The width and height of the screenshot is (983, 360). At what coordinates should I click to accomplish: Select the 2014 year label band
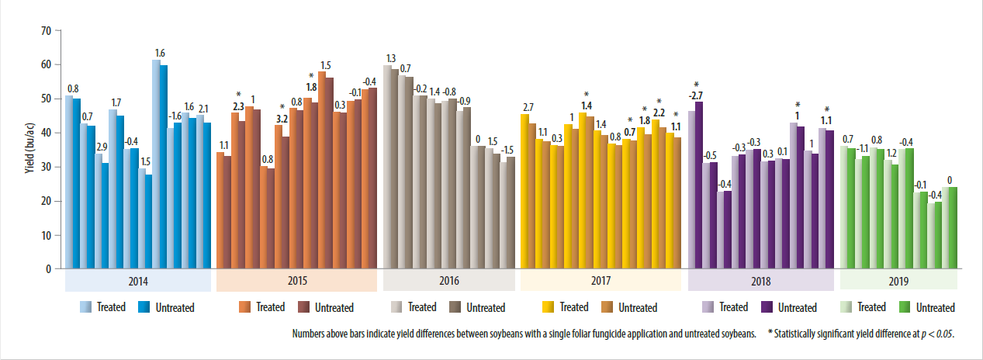[x=137, y=281]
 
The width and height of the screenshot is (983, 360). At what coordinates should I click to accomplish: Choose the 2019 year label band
[x=898, y=281]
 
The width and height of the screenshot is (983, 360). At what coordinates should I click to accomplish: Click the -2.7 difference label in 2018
[x=696, y=95]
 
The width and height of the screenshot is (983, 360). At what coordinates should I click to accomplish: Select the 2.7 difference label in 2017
[x=528, y=107]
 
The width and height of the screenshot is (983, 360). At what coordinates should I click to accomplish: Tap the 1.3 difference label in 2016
[x=391, y=59]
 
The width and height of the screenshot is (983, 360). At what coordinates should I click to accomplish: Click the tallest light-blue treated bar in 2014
[x=156, y=163]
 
